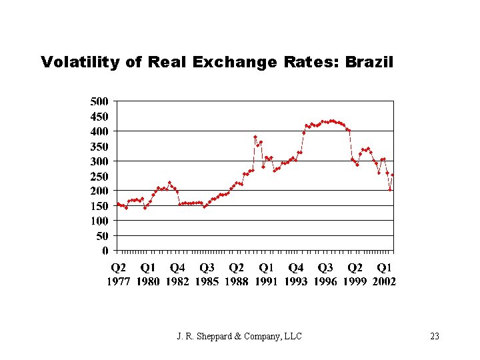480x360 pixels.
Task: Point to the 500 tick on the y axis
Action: [99, 101]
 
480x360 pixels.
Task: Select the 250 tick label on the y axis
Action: [99, 176]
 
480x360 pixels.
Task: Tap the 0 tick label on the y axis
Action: [105, 251]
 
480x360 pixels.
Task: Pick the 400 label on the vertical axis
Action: [99, 131]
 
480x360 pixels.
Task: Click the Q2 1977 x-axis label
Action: [118, 275]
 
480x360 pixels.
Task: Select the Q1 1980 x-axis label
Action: [148, 275]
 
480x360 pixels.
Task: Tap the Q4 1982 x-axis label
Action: [177, 275]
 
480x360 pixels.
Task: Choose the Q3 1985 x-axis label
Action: [207, 275]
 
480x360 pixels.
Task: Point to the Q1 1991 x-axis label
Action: [266, 275]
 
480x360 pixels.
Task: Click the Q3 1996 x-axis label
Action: [325, 275]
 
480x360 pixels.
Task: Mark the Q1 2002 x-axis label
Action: [384, 275]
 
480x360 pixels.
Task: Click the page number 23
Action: [435, 336]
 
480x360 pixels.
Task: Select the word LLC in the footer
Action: [293, 336]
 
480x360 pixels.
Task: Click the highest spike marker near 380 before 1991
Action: [255, 137]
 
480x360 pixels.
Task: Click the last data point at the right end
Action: [393, 175]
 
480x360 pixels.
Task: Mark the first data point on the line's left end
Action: [117, 204]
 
